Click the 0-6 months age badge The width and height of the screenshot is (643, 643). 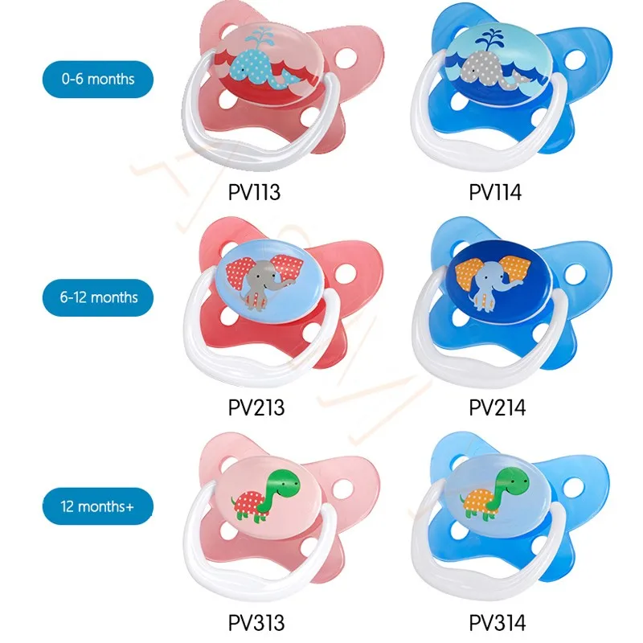point(97,80)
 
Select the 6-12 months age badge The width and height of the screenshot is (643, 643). point(97,297)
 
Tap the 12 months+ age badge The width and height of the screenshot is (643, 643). point(97,508)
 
